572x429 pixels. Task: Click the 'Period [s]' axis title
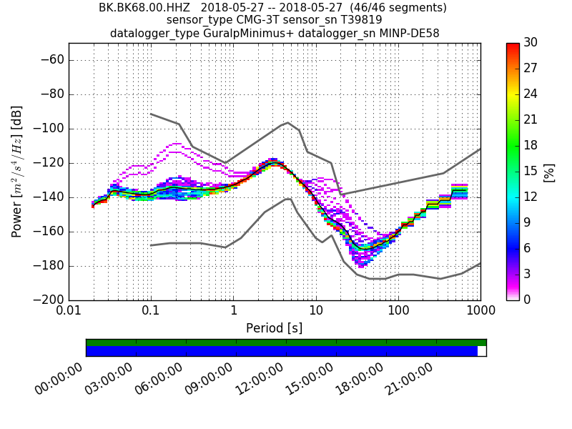coord(275,328)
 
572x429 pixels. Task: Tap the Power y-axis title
coord(17,172)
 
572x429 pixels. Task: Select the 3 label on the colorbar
coord(530,274)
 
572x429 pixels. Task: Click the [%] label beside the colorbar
coord(549,172)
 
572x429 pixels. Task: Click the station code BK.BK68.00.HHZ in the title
coord(146,8)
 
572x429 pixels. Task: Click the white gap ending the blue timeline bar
coord(482,351)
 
